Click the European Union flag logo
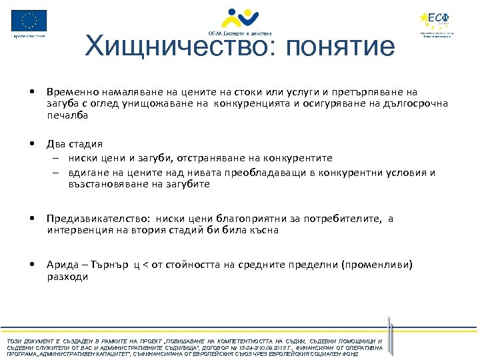click(x=29, y=20)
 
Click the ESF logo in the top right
click(x=437, y=19)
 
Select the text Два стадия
click(x=75, y=144)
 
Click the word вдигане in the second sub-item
click(x=86, y=173)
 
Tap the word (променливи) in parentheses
click(x=376, y=265)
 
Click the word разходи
click(x=67, y=277)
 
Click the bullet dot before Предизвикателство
click(x=33, y=219)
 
